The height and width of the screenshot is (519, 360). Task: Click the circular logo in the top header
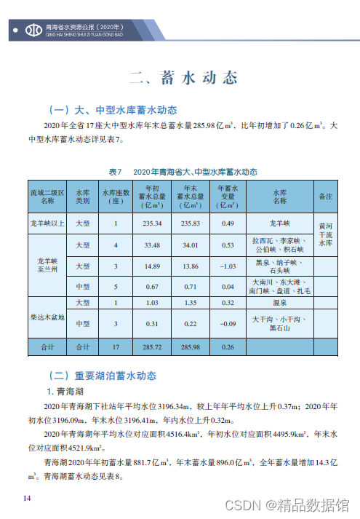pyautogui.click(x=33, y=30)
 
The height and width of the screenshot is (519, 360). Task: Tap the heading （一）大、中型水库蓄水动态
pyautogui.click(x=112, y=111)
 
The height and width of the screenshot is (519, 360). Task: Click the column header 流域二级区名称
pyautogui.click(x=47, y=196)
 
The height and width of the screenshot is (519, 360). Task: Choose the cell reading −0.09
pyautogui.click(x=229, y=323)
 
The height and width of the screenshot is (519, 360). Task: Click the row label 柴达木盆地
pyautogui.click(x=47, y=317)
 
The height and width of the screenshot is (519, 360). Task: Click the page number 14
pyautogui.click(x=27, y=498)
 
